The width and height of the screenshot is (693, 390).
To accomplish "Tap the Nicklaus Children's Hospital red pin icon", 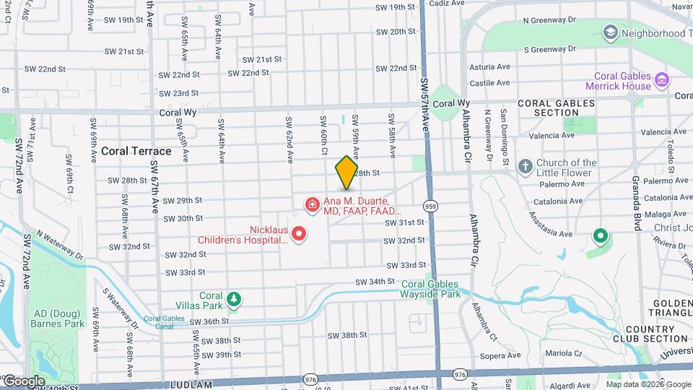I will (x=299, y=234).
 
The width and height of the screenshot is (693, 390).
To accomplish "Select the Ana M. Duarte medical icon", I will (x=312, y=206).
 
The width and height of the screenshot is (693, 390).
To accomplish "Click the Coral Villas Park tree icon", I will (x=233, y=298).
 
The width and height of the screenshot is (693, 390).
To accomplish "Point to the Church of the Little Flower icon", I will (x=525, y=168).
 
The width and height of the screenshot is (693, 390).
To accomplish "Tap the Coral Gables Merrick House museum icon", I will (x=661, y=77).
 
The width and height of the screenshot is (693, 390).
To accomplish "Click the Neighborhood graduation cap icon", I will (x=611, y=32).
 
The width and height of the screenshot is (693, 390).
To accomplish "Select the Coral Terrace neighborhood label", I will (x=136, y=151).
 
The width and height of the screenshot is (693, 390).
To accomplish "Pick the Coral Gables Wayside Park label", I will (x=431, y=290).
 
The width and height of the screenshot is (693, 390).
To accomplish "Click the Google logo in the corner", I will (x=24, y=381).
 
